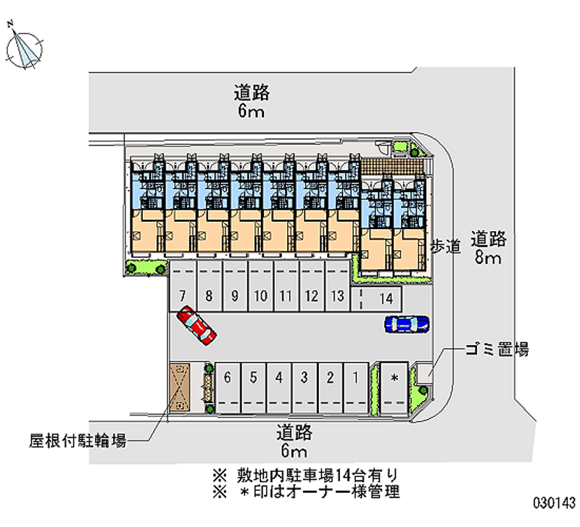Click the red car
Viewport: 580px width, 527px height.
pos(196,325)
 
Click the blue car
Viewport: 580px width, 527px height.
pos(407,324)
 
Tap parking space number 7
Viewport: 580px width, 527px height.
pos(183,286)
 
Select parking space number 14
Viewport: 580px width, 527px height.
pos(376,299)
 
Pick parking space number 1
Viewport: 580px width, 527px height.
pos(356,388)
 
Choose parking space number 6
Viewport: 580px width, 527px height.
pos(228,388)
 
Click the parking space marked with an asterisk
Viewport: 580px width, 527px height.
pos(394,388)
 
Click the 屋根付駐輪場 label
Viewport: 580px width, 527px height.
pos(78,441)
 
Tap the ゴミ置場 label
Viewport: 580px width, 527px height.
pos(497,349)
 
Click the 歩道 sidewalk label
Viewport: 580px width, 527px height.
pos(446,246)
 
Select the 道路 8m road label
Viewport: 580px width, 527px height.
pos(488,248)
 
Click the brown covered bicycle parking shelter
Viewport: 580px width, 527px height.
pos(179,387)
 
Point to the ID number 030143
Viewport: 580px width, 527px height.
pos(554,502)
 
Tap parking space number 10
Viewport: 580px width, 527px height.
pos(261,286)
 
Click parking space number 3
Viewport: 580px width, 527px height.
pos(304,388)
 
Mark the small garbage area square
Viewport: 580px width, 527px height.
pos(423,373)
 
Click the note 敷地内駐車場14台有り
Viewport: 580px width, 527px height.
pos(305,476)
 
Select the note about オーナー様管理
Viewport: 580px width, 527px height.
pos(305,492)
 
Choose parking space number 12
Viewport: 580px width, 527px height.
pos(312,286)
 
